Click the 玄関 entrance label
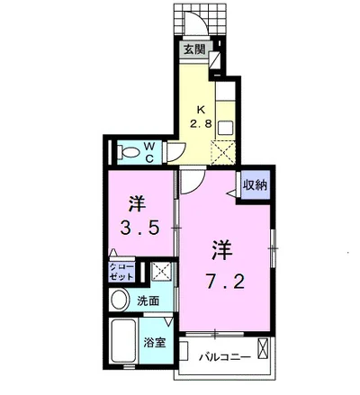(x=194, y=49)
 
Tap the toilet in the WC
(x=129, y=152)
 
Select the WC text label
(x=149, y=153)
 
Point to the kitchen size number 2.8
(x=201, y=123)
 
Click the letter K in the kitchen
(x=201, y=110)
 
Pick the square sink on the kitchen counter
(x=225, y=128)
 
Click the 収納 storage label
(x=255, y=185)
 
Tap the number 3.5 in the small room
(x=139, y=228)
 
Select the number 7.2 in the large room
(x=225, y=281)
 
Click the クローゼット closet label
(x=121, y=273)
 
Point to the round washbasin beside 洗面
(x=120, y=300)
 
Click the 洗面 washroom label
(x=148, y=301)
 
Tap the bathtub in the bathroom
(x=123, y=340)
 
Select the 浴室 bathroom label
(x=154, y=343)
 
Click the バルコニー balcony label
(x=225, y=357)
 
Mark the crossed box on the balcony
(x=263, y=347)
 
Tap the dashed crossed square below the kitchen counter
(x=223, y=152)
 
